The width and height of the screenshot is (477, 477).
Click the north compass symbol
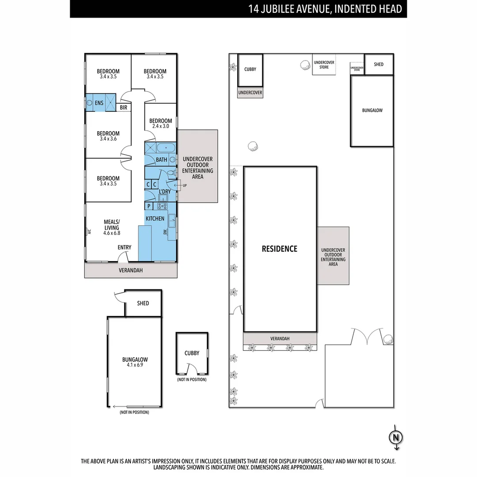(395, 437)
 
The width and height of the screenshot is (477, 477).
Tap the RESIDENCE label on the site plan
(280, 249)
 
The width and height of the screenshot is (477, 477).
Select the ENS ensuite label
(99, 103)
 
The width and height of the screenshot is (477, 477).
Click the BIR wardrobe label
(123, 107)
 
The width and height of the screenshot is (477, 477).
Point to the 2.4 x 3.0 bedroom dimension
(160, 126)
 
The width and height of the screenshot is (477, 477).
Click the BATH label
(161, 159)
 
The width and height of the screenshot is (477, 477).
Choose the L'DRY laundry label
(165, 191)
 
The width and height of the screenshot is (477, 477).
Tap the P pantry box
(149, 206)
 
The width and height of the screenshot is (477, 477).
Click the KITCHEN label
(155, 219)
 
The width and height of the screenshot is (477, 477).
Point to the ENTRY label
(125, 247)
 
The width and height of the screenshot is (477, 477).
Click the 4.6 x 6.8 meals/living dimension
(112, 233)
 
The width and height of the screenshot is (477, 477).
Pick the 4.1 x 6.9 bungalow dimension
(135, 365)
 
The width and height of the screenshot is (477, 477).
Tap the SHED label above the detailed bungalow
(143, 303)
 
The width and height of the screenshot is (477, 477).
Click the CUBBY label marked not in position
(192, 353)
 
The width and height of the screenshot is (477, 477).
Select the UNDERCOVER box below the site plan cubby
(250, 93)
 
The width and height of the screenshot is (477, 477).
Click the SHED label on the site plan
(379, 64)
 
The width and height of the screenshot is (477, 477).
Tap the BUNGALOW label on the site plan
(372, 110)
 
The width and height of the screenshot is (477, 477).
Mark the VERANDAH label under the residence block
(280, 339)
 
